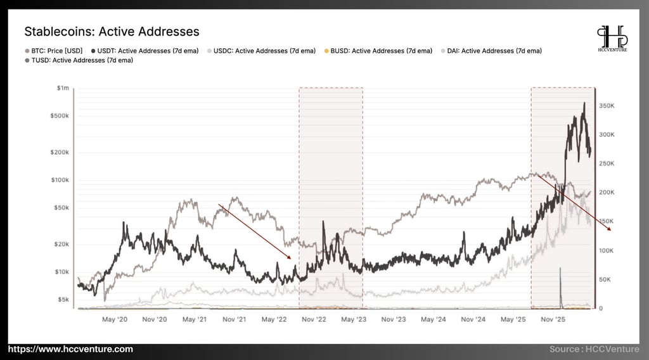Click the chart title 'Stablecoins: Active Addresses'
click(x=112, y=32)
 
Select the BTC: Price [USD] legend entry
click(x=54, y=51)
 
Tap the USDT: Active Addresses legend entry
click(x=145, y=51)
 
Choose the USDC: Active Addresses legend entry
click(x=262, y=51)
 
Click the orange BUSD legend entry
click(x=378, y=51)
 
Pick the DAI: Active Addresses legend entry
click(x=491, y=51)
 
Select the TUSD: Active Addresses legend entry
click(x=79, y=60)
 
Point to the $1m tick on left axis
click(x=63, y=87)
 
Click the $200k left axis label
click(x=60, y=152)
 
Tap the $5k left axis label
click(x=63, y=299)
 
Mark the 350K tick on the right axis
click(x=607, y=106)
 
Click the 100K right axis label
click(x=607, y=251)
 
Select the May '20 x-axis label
click(x=115, y=319)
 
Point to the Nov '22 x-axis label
click(x=314, y=319)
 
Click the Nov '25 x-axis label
click(x=553, y=319)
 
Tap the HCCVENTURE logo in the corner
click(x=613, y=39)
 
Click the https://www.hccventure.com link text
click(x=71, y=349)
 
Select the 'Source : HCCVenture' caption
click(x=594, y=349)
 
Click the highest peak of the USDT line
click(x=584, y=103)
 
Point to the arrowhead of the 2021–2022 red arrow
click(x=290, y=257)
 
